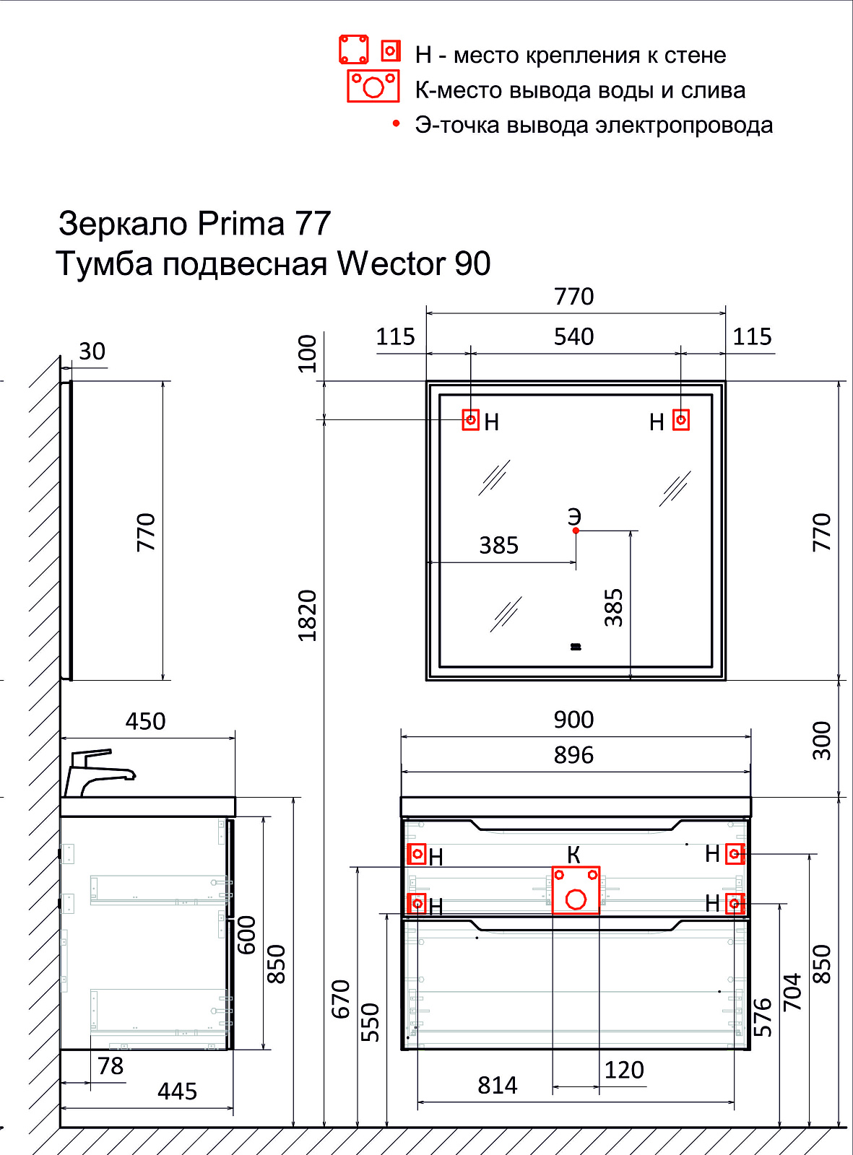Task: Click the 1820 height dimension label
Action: [308, 615]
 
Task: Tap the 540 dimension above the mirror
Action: [573, 337]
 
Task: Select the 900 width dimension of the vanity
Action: [573, 720]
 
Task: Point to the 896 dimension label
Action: [573, 755]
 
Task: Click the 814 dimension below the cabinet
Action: [497, 1086]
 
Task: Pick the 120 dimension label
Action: [624, 1070]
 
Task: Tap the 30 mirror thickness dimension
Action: [92, 352]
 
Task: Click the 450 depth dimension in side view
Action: [145, 721]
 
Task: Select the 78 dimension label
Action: [111, 1066]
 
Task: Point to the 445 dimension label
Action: [177, 1091]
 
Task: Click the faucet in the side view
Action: [100, 772]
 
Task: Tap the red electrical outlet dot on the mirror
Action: [575, 531]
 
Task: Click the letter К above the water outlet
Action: [573, 855]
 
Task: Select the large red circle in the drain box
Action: [576, 899]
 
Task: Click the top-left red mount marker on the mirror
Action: [470, 419]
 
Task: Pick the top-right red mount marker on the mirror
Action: [680, 419]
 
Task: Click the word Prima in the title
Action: [241, 224]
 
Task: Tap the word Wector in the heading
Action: [391, 263]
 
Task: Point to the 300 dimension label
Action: [822, 741]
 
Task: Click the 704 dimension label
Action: [792, 992]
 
